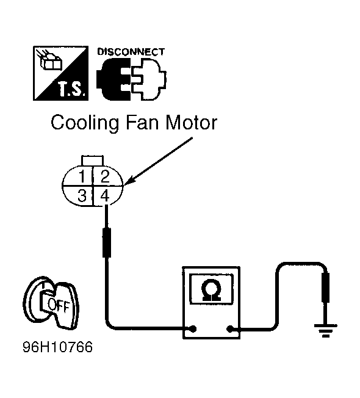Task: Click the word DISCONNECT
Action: coord(131,52)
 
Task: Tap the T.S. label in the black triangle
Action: coord(71,89)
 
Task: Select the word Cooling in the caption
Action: coord(85,123)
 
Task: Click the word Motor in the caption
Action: coord(191,123)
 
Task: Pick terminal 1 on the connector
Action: coord(82,176)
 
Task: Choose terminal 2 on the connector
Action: coord(105,176)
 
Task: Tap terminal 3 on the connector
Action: coord(82,196)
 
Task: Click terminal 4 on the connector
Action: coord(105,196)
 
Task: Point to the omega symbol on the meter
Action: coord(211,290)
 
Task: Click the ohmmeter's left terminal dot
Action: coord(193,329)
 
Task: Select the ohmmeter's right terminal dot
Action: coord(229,329)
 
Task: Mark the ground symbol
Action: coord(326,330)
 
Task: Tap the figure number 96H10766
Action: coord(58,347)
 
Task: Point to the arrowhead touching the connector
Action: coord(128,181)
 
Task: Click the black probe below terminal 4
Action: coord(107,243)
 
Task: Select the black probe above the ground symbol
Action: coord(325,288)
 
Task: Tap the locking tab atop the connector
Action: coord(92,161)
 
